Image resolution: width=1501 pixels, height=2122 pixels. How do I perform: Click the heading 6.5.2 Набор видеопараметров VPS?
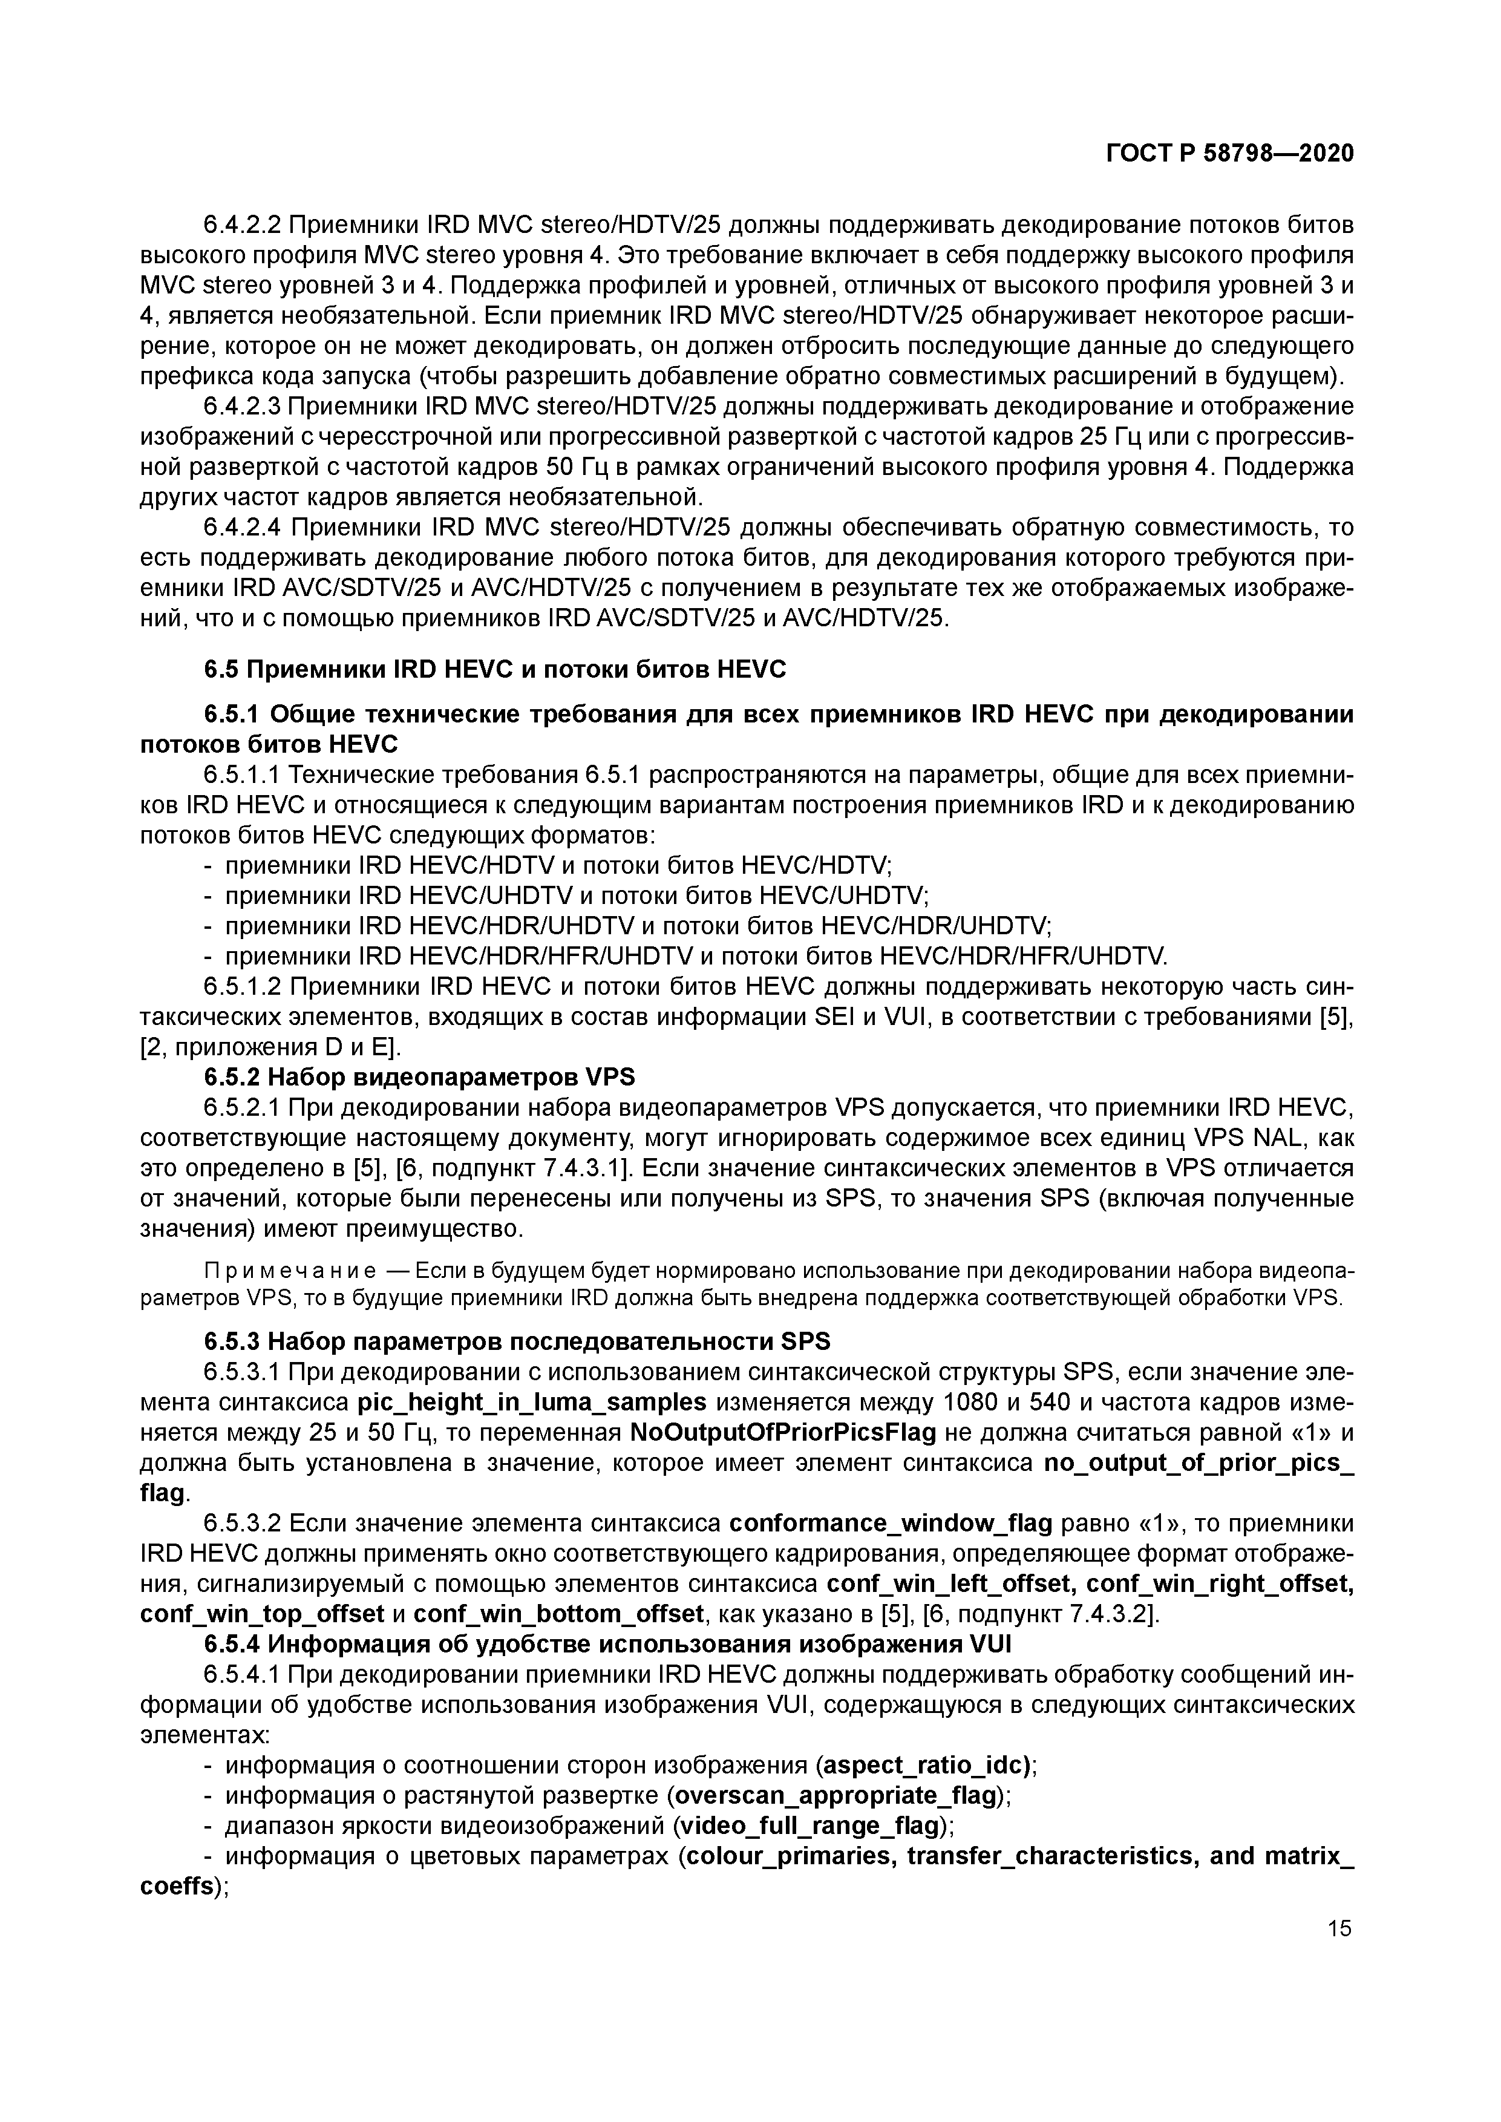point(420,1078)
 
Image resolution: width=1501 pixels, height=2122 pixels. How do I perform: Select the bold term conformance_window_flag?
point(891,1523)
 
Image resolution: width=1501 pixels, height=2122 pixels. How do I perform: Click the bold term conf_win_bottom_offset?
point(558,1614)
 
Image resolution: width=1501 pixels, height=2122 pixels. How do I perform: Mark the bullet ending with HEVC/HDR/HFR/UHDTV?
point(696,955)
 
